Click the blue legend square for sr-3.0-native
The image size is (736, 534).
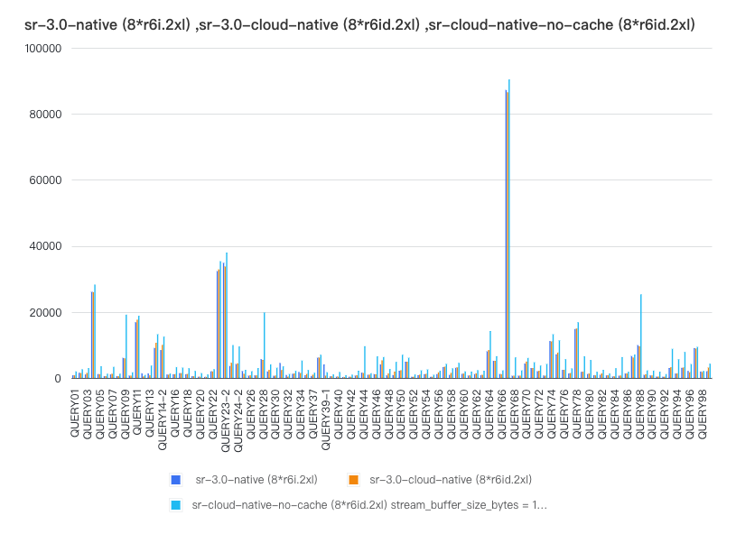click(174, 479)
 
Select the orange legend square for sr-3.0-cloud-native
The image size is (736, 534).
click(355, 479)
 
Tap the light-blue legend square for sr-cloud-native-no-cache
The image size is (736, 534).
click(174, 505)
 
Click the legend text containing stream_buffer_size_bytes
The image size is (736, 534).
click(369, 505)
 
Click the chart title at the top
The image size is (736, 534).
click(359, 24)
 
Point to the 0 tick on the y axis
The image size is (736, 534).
click(56, 379)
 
